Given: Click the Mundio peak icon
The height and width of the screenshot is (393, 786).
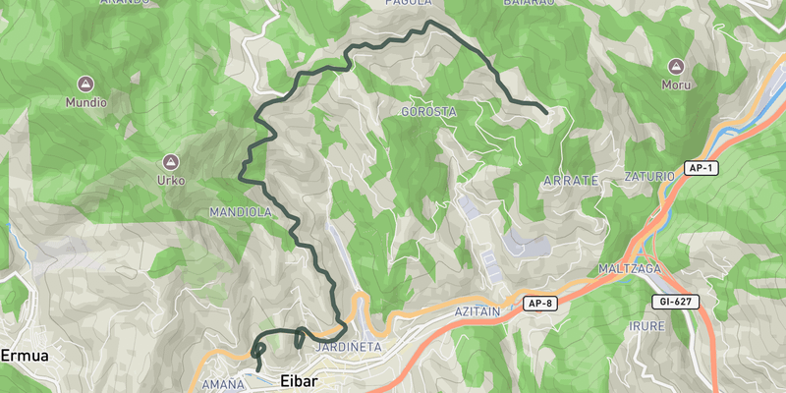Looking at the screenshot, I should tap(85, 84).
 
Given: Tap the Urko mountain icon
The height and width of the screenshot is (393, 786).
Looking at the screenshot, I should tap(171, 161).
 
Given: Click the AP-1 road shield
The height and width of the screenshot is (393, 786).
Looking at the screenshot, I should tap(701, 169).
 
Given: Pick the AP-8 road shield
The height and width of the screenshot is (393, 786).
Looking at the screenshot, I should tap(539, 303).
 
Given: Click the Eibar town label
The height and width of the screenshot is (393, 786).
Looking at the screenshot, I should tap(303, 381).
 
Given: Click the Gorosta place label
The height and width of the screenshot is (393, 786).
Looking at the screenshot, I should tap(429, 112).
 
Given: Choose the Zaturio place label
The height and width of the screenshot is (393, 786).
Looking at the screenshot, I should tap(649, 177).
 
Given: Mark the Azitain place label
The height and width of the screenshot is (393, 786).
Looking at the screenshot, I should tap(477, 310).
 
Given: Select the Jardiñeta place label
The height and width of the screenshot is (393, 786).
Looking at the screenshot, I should tap(343, 348).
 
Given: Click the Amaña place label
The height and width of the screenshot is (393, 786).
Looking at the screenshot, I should tap(221, 385).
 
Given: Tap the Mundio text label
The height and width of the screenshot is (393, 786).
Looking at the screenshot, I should tap(85, 102).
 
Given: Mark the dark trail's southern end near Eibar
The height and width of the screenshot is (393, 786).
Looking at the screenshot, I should tap(259, 369).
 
